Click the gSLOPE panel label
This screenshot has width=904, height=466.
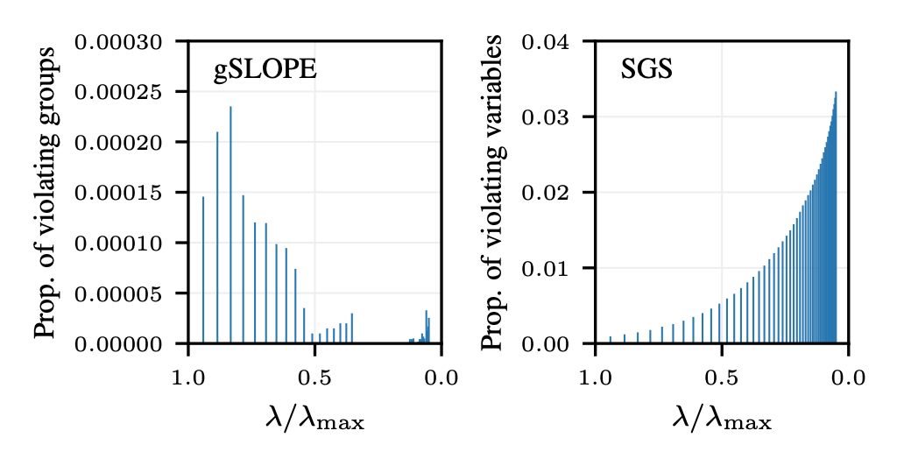(x=265, y=71)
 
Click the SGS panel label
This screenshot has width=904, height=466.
(x=646, y=71)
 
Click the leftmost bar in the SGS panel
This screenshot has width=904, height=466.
(x=611, y=340)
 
